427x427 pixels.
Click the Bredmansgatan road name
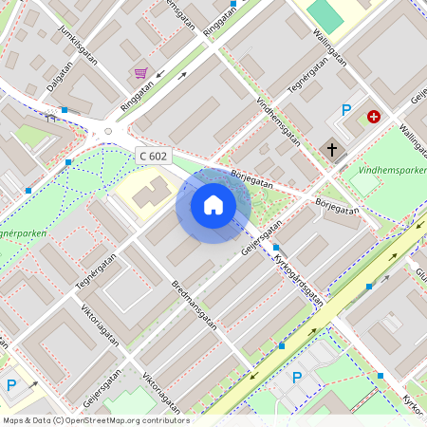(x=195, y=305)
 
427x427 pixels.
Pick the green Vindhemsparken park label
(x=388, y=171)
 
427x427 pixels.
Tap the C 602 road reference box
(x=153, y=155)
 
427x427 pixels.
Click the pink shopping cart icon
(x=140, y=73)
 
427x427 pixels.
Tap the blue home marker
(x=213, y=204)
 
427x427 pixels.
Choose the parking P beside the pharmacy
(x=346, y=110)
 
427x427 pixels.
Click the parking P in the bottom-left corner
(x=11, y=384)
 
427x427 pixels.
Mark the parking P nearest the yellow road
(x=297, y=378)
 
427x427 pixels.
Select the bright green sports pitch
(x=325, y=14)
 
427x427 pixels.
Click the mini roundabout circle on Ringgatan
(x=108, y=131)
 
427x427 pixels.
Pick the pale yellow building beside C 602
(x=142, y=195)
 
